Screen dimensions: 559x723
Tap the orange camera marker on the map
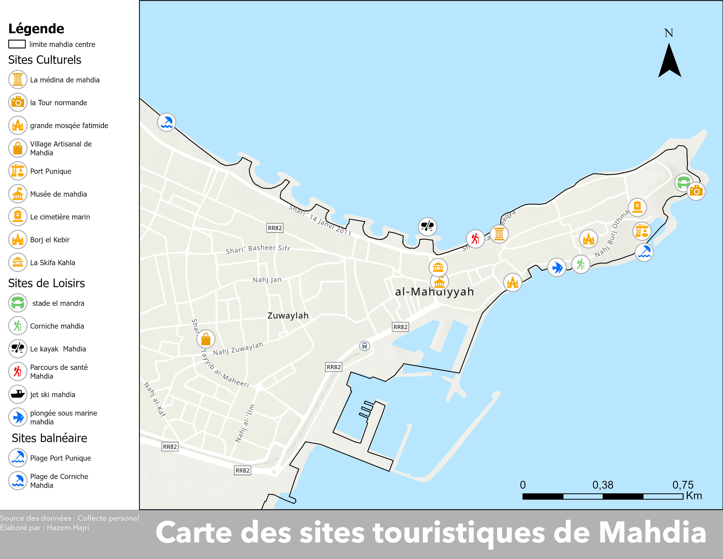coord(696,191)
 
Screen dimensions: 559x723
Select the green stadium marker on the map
coord(683,182)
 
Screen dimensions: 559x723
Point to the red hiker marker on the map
coord(475,239)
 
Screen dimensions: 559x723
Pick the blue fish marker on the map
coord(557,267)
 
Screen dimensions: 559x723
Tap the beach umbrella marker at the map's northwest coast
coord(166,122)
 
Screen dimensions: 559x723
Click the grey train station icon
coord(365,346)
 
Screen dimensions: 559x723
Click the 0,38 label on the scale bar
coord(603,485)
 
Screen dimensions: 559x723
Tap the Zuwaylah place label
coord(288,316)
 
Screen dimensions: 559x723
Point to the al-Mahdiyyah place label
coord(434,292)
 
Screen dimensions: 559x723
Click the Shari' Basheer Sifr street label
coord(258,249)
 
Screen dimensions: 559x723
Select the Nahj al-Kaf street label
coord(155,399)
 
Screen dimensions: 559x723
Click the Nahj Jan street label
coord(267,280)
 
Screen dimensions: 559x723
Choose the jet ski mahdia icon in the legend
coord(18,394)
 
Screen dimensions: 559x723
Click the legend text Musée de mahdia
coord(58,194)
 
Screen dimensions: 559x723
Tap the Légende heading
coord(36,29)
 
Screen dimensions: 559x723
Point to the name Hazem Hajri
coord(68,527)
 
